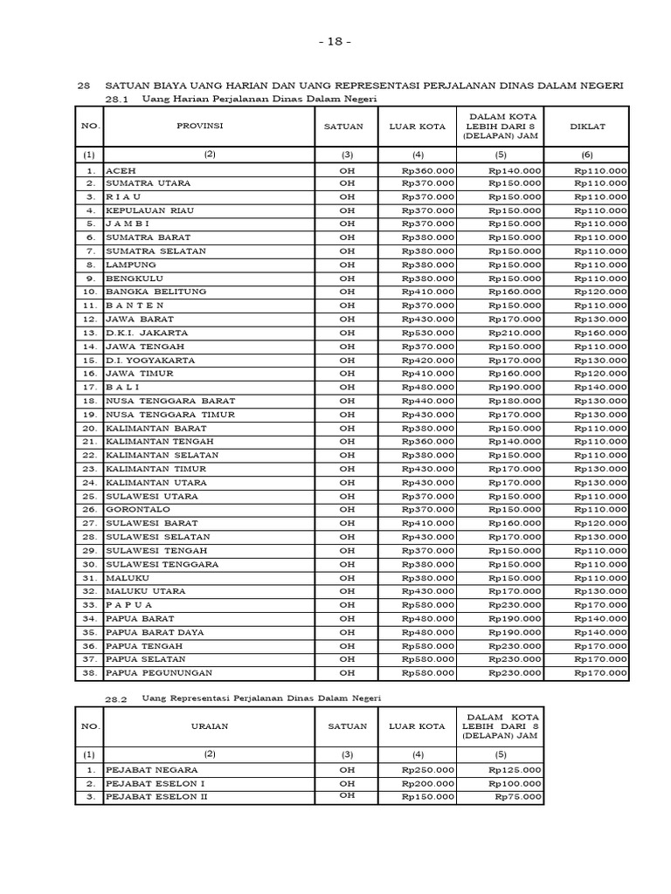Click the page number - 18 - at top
coord(335,41)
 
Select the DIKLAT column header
coord(587,127)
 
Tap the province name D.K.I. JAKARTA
coord(147,333)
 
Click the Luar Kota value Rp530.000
coord(428,333)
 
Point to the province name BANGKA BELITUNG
coord(156,292)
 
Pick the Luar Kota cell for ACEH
coord(428,170)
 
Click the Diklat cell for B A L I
coord(600,387)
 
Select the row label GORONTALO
coord(138,509)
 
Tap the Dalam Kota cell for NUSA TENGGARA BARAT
coord(515,401)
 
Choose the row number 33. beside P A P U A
coord(89,605)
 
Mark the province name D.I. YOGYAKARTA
coord(150,360)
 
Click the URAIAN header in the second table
coord(210,726)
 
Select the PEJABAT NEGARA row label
coord(151,770)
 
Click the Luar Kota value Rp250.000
coord(428,770)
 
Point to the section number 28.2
coord(116,699)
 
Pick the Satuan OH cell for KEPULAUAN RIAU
coord(348,210)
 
